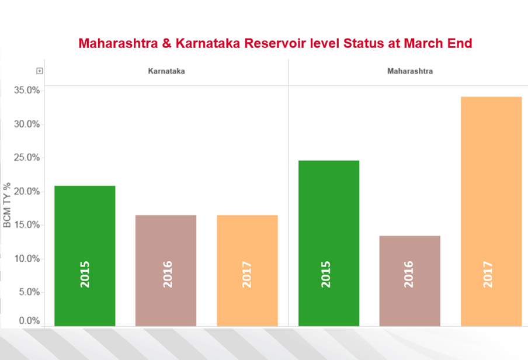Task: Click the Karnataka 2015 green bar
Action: point(85,255)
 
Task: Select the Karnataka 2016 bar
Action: point(166,270)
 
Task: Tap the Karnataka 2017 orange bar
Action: point(247,270)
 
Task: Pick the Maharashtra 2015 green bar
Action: point(329,243)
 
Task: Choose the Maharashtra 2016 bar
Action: point(409,281)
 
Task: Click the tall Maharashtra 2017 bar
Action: point(491,211)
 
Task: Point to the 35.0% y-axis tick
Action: point(27,91)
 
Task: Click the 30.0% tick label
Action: point(27,124)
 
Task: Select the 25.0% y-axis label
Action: point(27,158)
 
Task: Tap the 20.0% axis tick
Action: point(27,192)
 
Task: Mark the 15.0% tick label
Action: point(27,225)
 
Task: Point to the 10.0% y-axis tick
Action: point(27,259)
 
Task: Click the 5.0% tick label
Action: point(29,292)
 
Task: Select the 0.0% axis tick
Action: point(29,321)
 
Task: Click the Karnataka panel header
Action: point(166,71)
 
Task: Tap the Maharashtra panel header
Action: point(410,71)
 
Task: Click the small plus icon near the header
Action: point(40,71)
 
